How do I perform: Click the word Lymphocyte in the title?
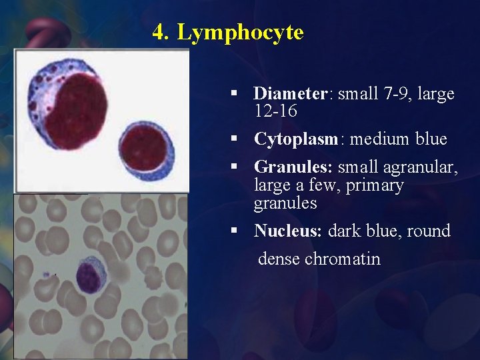pos(240,32)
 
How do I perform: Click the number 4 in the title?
pos(158,32)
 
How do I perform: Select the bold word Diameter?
pos(291,94)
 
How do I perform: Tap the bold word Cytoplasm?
pos(297,139)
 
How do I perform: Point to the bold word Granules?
pos(294,167)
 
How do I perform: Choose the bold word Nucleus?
pos(287,231)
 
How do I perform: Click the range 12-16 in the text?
pos(275,112)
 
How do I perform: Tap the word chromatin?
pos(343,259)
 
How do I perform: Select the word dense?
pos(279,259)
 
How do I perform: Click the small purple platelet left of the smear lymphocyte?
pos(47,274)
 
